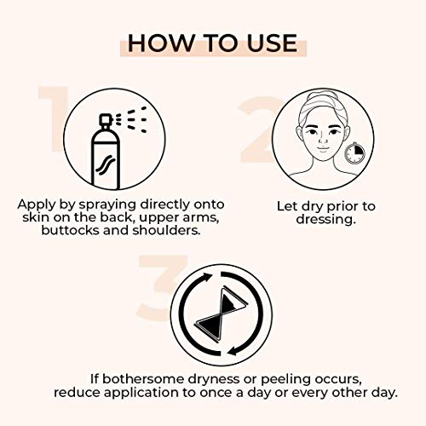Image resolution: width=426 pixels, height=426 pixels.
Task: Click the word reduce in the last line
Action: tap(76, 392)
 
